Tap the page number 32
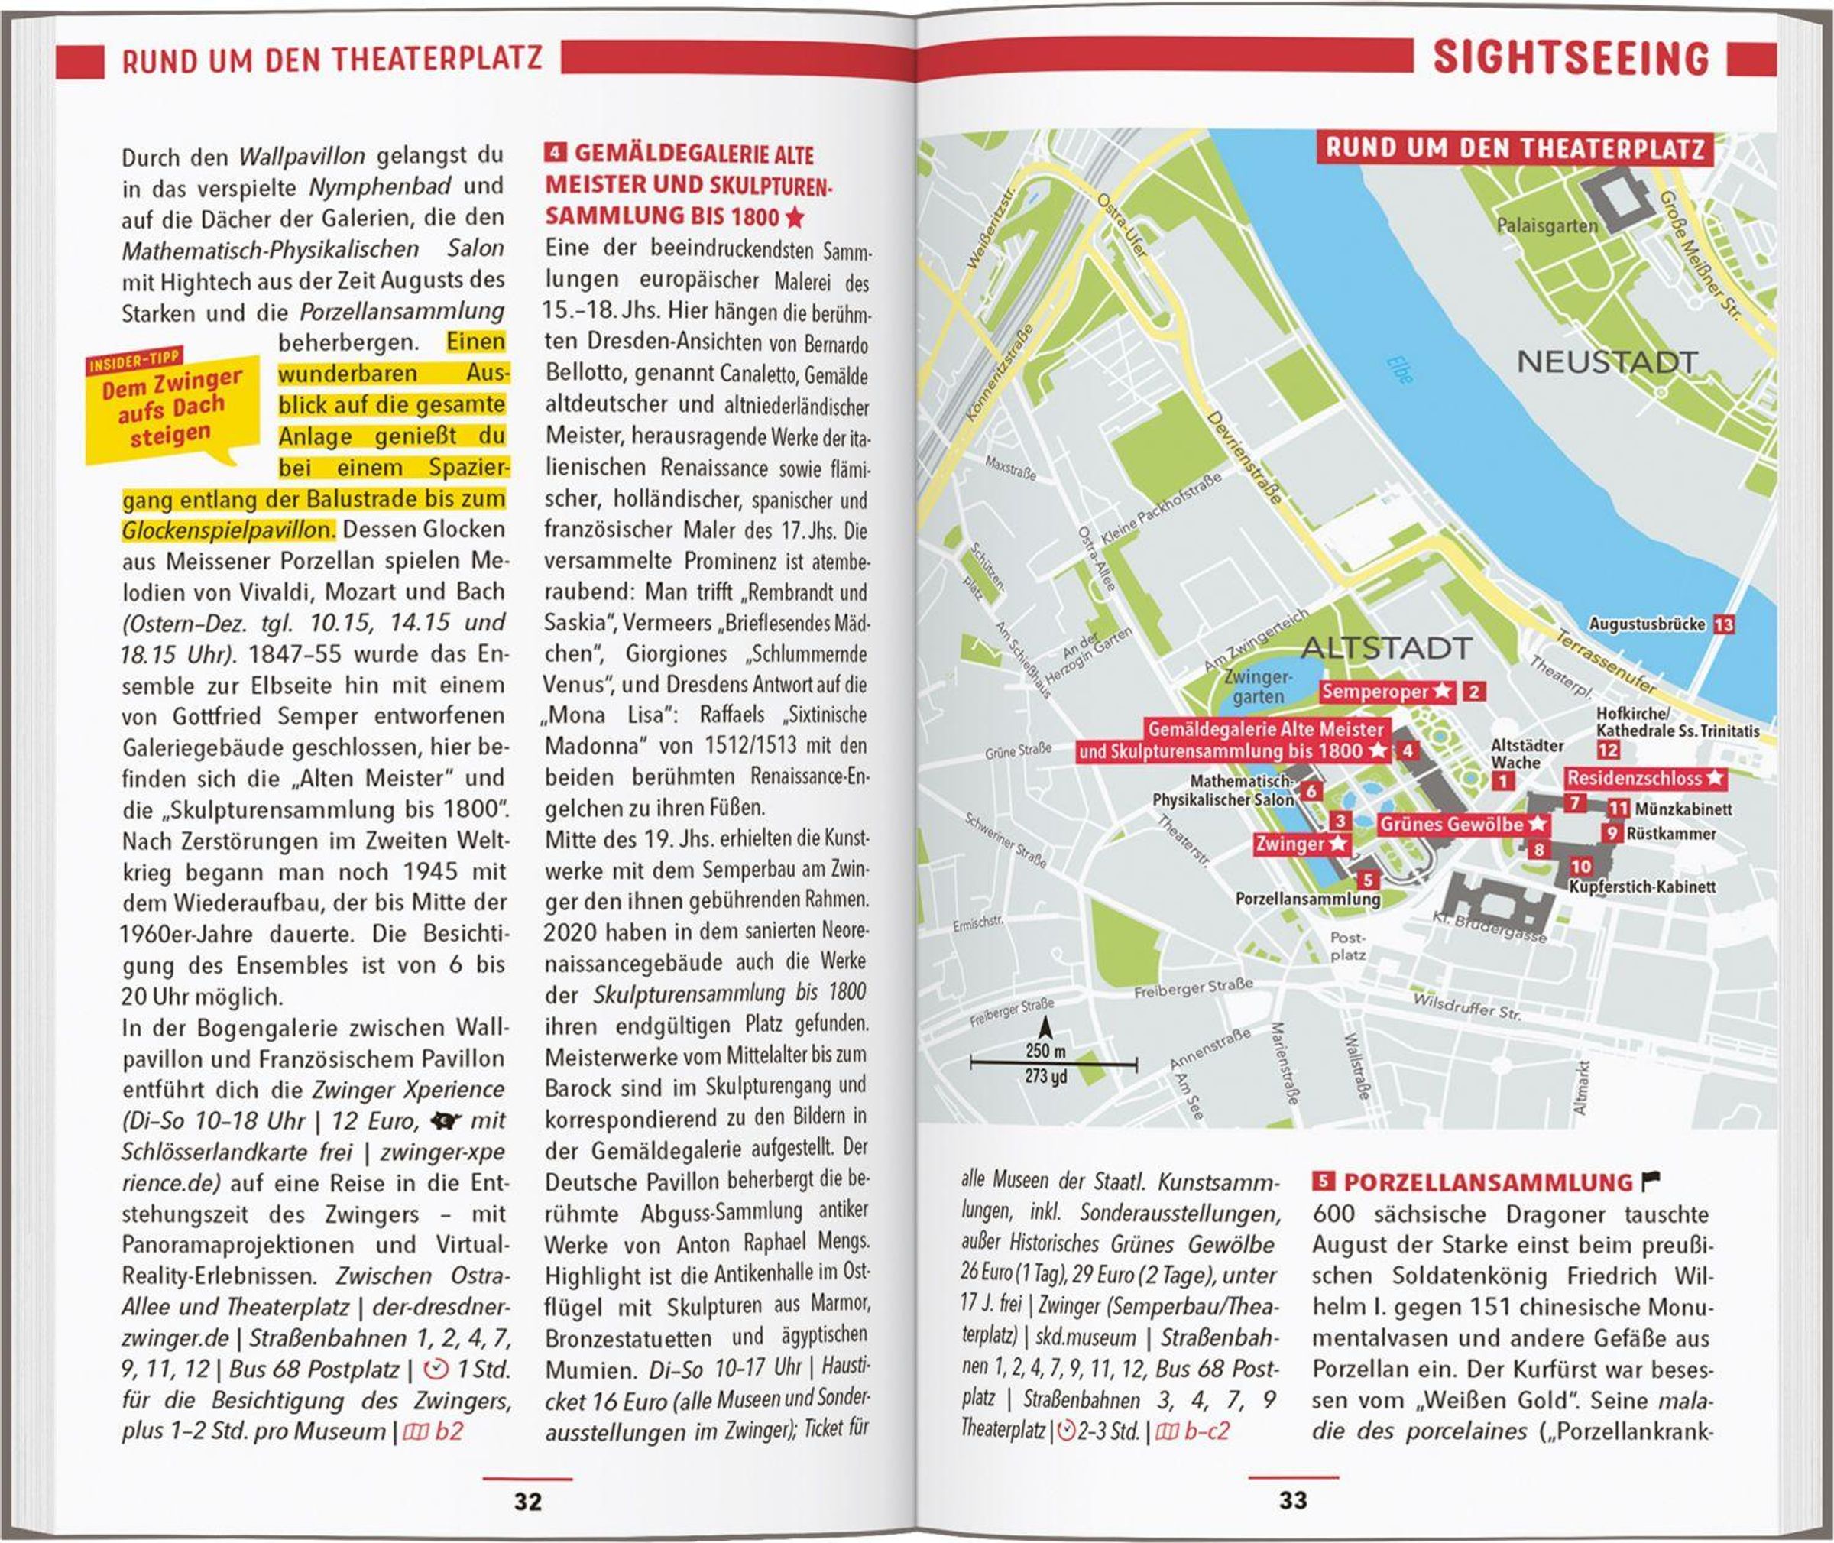527,1501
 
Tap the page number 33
1293,1500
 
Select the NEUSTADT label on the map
1606,361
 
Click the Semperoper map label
1385,692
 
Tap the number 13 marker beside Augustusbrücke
1724,624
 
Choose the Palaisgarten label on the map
1546,225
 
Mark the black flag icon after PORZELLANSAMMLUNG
1652,1181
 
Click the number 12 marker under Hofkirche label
1608,750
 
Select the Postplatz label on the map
1348,945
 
